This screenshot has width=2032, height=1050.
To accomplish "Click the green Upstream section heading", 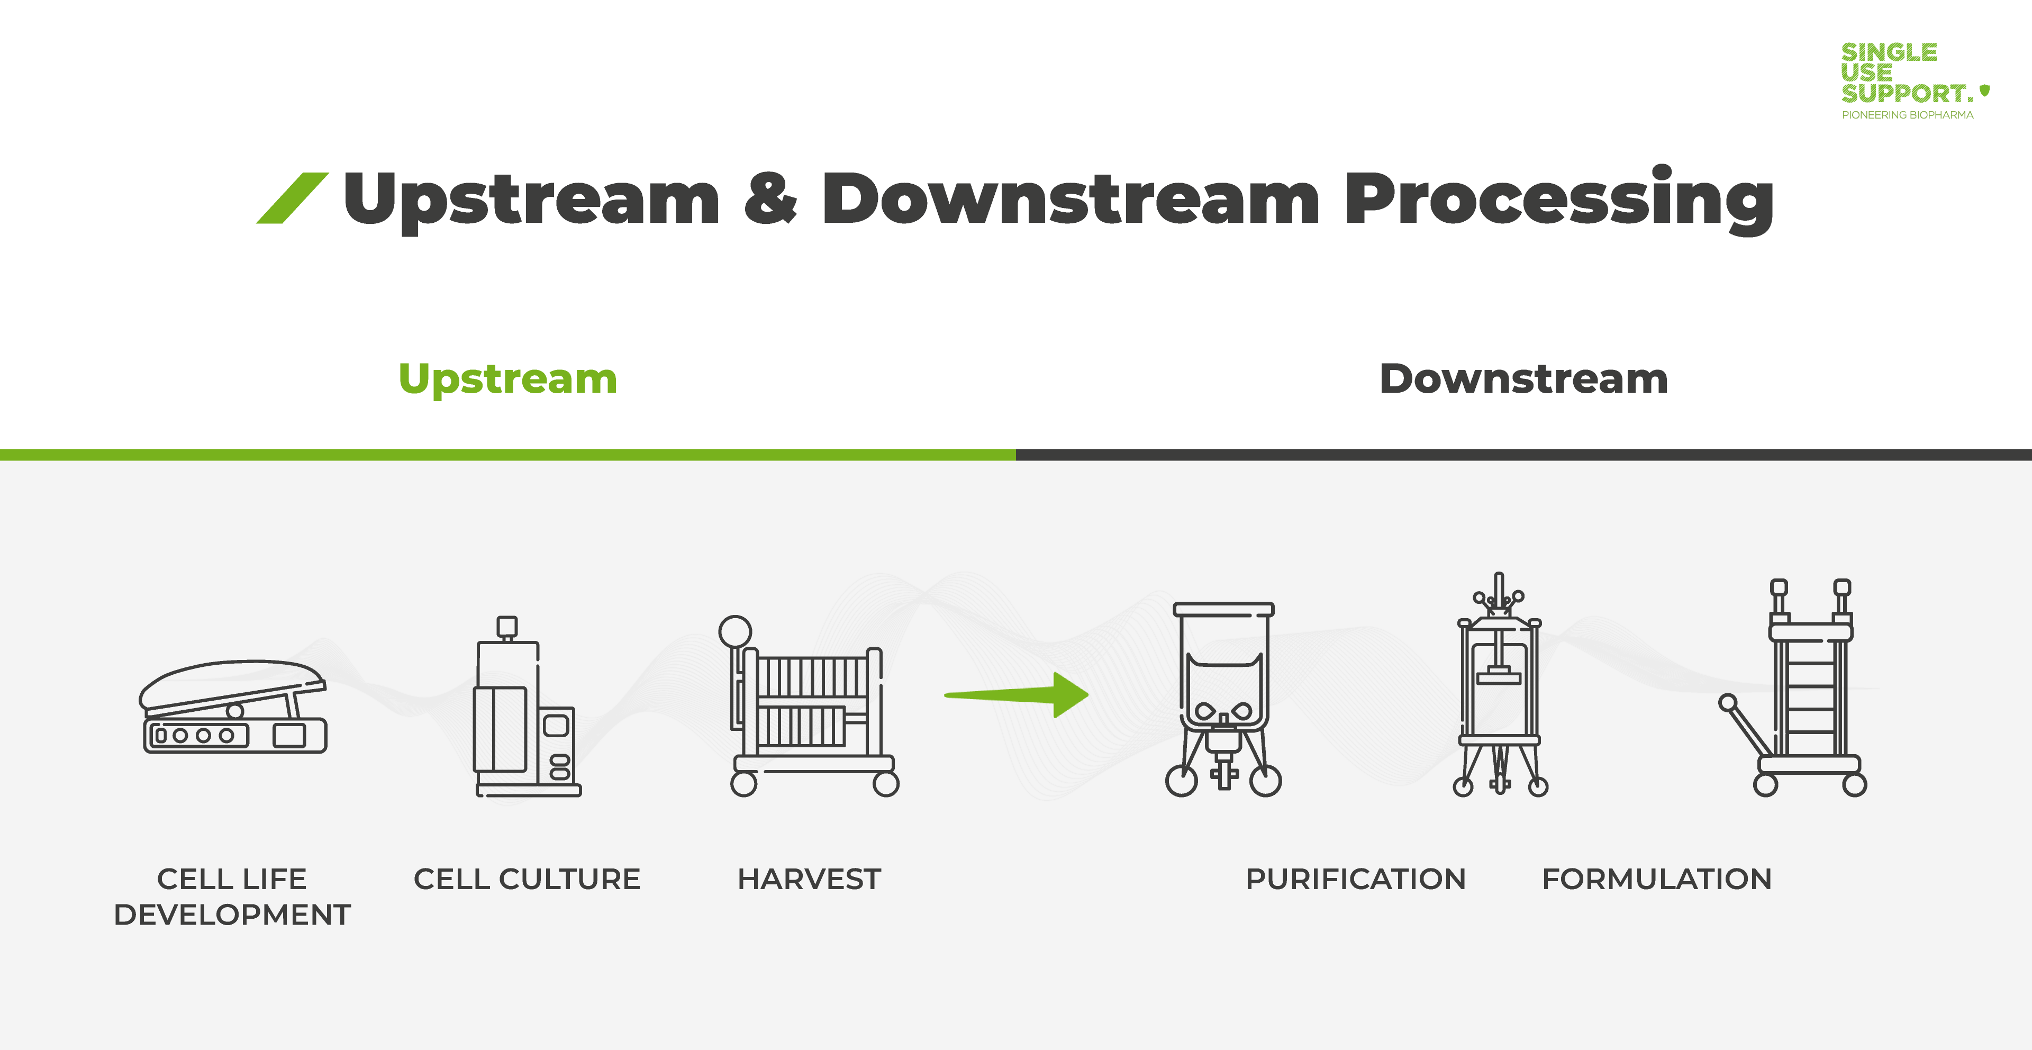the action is point(508,379).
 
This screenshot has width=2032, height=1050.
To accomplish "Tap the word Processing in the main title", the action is point(1559,199).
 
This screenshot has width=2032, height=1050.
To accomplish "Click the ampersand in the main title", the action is point(770,197).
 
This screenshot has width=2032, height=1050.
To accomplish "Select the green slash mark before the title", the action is point(293,198).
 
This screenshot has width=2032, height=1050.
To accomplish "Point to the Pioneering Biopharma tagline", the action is point(1907,115).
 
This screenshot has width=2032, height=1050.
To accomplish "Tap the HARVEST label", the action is point(809,879).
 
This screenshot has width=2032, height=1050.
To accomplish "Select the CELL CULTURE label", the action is point(527,879).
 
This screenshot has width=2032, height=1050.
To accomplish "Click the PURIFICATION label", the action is point(1355,879).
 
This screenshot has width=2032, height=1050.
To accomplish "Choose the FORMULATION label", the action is point(1656,879).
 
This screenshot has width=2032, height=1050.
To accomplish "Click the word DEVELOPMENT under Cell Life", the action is point(232,915).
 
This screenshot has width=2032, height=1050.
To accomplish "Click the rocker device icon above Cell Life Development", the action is point(233,707).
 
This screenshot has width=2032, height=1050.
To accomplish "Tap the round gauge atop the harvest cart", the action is point(735,631).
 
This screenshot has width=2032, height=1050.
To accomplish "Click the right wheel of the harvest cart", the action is point(886,784).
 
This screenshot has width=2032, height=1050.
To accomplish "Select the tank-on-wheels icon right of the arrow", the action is point(1223,699).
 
